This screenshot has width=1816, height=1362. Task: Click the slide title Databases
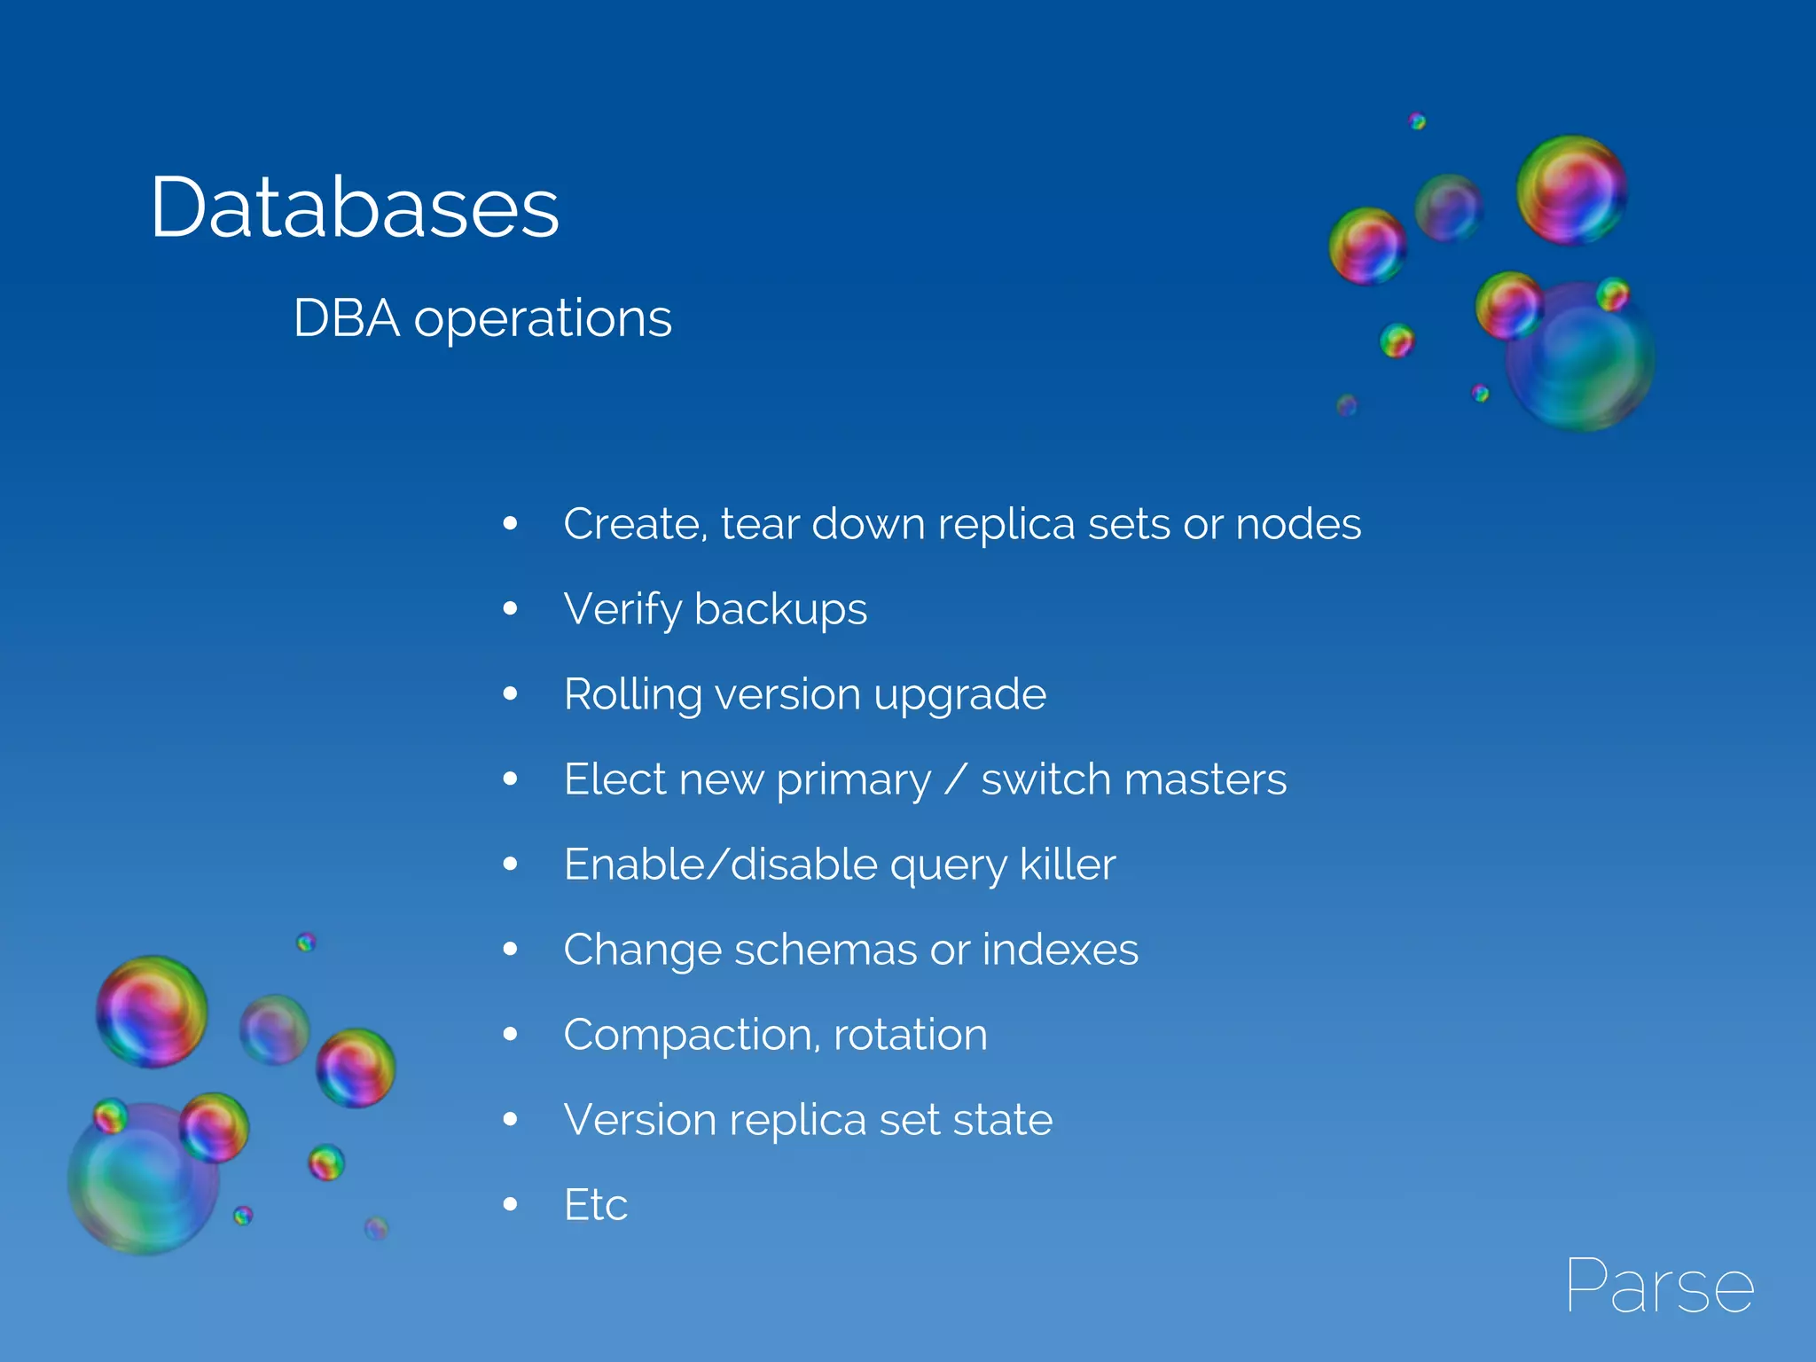tap(355, 207)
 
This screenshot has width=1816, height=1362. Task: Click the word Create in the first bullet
tap(635, 523)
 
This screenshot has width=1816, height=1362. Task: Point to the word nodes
tap(1298, 523)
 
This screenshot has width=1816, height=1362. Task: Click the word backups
tap(780, 609)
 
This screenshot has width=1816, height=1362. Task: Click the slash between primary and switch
tap(956, 779)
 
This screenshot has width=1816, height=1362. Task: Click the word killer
tap(1068, 864)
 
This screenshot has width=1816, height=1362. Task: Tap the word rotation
tap(910, 1035)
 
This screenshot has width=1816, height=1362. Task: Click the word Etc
tap(596, 1205)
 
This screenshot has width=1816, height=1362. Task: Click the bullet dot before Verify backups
tap(510, 608)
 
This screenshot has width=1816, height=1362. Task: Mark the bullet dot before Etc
tap(510, 1204)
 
